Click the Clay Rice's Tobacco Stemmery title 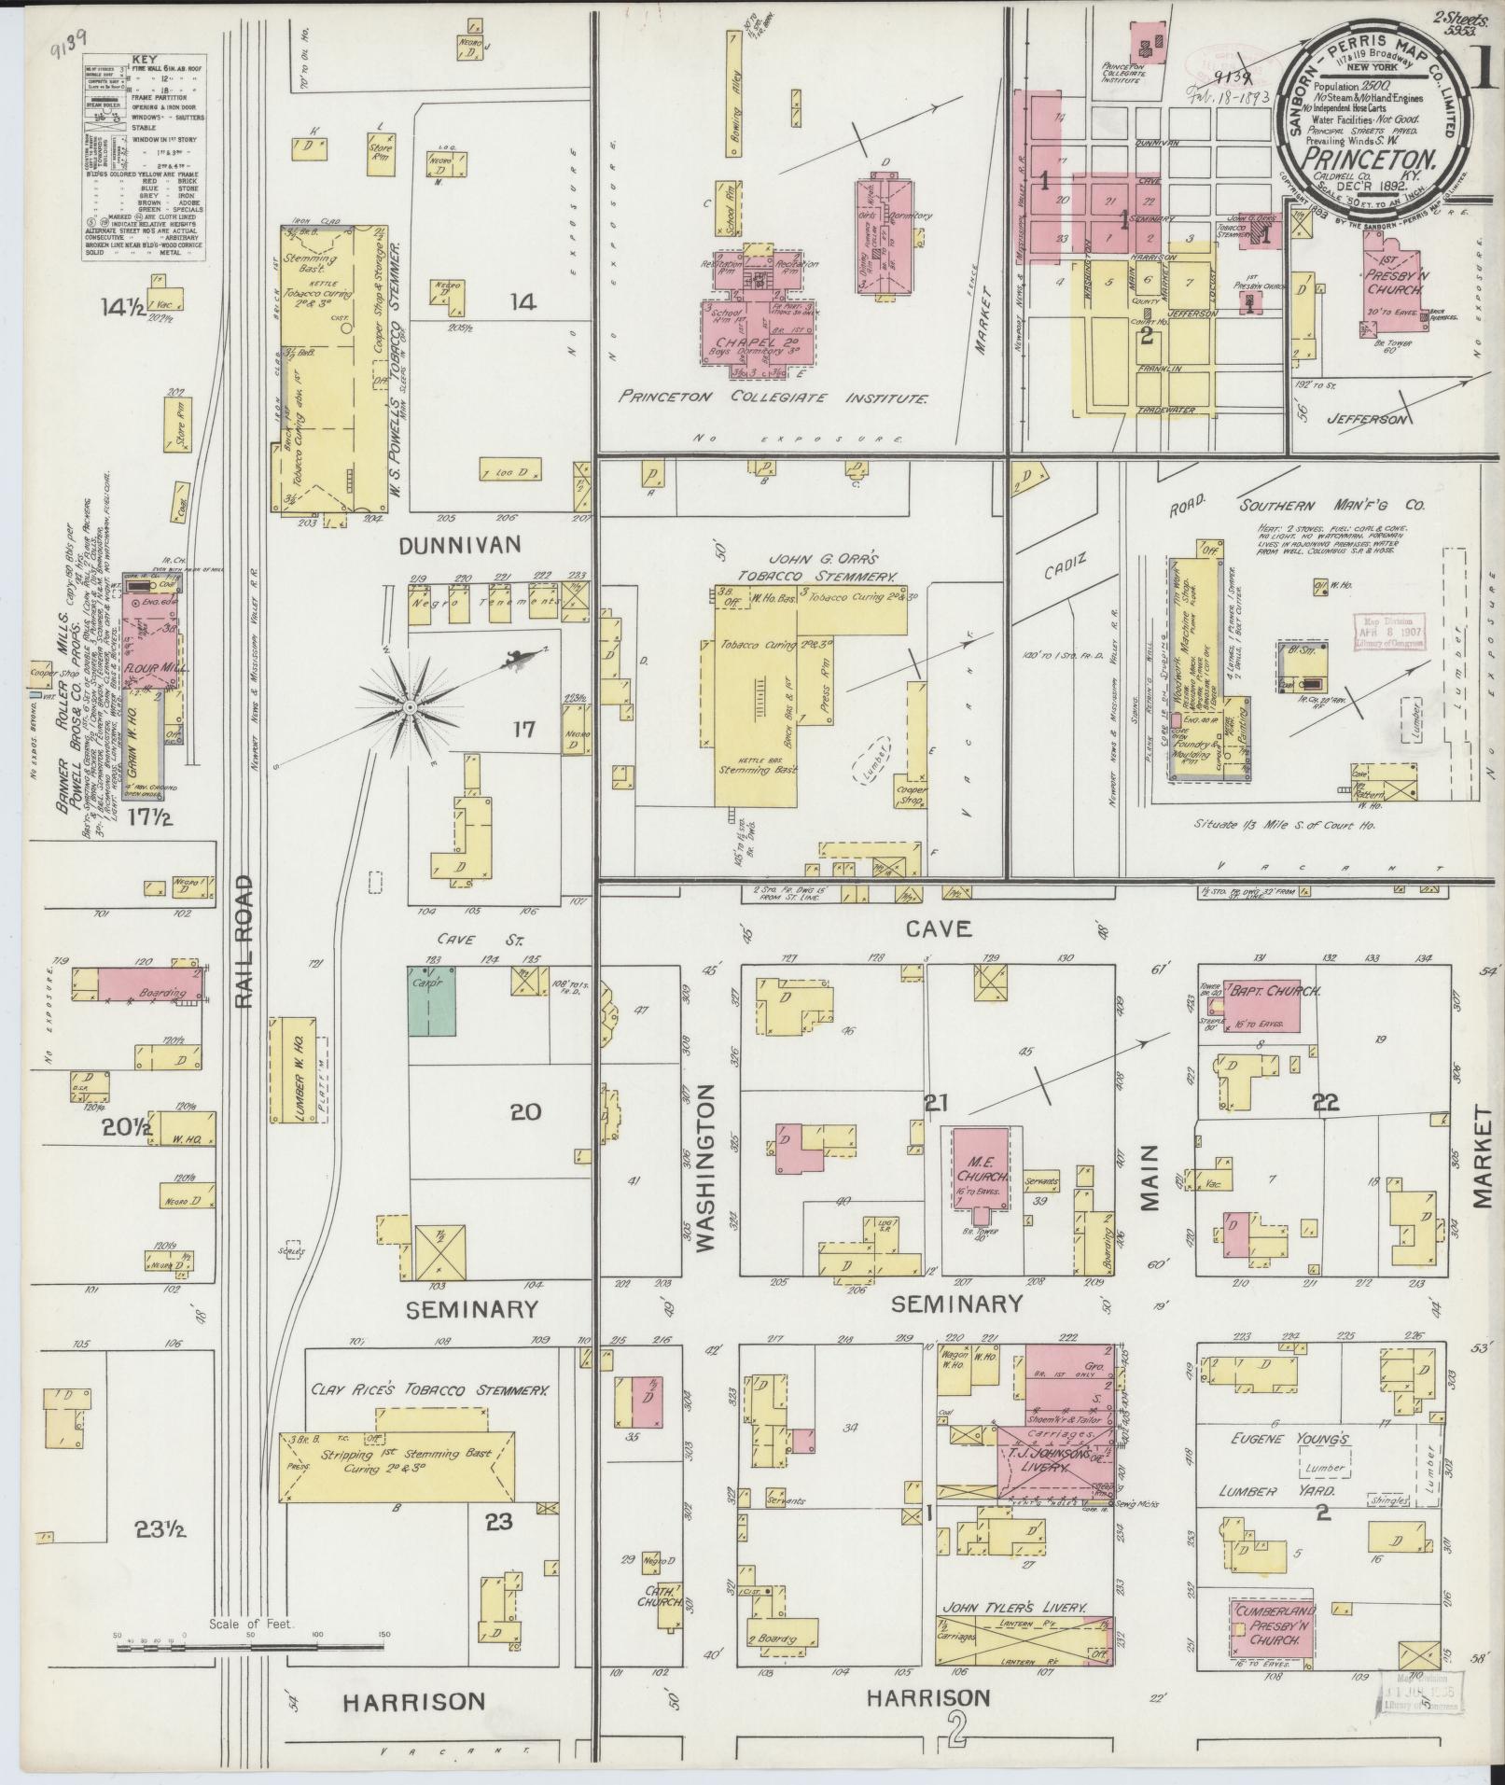431,1416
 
